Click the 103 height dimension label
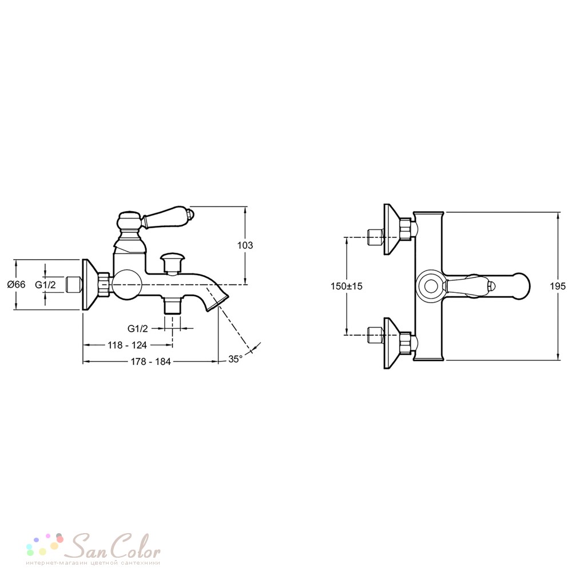coord(245,245)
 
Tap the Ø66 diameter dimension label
coord(17,284)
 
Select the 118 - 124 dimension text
coord(128,345)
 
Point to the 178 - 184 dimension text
coord(150,362)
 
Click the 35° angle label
coord(235,359)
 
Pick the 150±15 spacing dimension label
coord(347,286)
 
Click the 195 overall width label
coord(558,286)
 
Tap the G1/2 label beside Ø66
coord(45,284)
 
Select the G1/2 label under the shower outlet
coord(137,328)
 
